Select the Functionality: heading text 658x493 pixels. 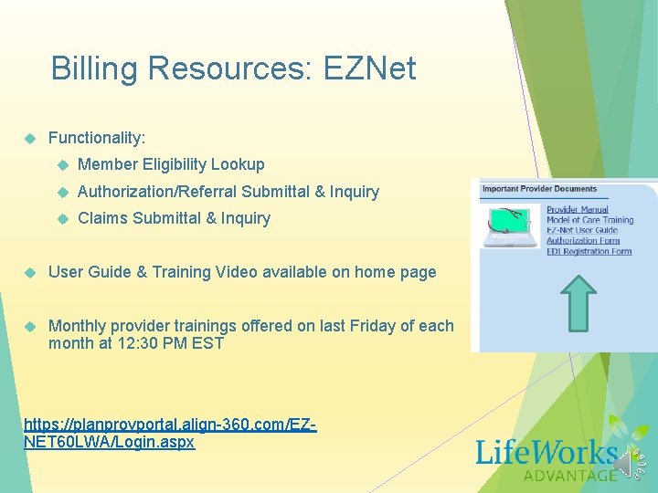click(97, 138)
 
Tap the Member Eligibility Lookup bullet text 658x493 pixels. click(171, 164)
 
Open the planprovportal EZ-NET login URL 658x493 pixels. click(169, 433)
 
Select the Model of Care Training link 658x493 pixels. click(589, 220)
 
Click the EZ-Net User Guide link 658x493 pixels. click(582, 231)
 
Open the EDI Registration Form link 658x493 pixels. click(589, 252)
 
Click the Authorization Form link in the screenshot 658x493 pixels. click(582, 241)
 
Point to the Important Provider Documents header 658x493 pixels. click(539, 189)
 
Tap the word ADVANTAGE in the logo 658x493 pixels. click(570, 475)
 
